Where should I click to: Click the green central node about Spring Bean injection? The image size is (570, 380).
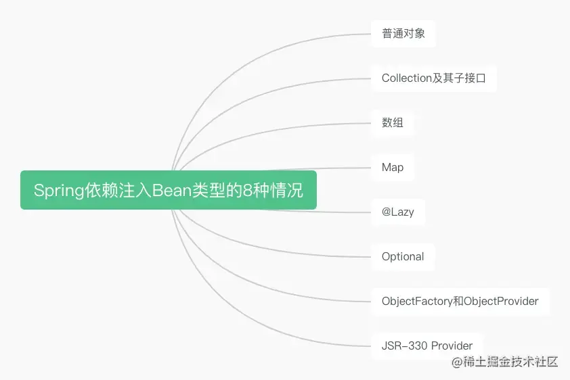(x=169, y=190)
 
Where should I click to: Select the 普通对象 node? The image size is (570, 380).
(x=403, y=33)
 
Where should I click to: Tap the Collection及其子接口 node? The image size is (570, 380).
(x=433, y=78)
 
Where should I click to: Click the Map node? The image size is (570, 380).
(x=393, y=167)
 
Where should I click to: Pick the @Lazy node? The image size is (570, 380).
(x=397, y=212)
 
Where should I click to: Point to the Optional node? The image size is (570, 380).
(x=403, y=256)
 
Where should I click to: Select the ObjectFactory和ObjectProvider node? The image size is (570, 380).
(x=460, y=301)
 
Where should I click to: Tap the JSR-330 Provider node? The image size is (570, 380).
(x=426, y=346)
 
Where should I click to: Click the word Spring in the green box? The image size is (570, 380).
(x=58, y=191)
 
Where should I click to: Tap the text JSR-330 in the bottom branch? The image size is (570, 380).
(x=401, y=346)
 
